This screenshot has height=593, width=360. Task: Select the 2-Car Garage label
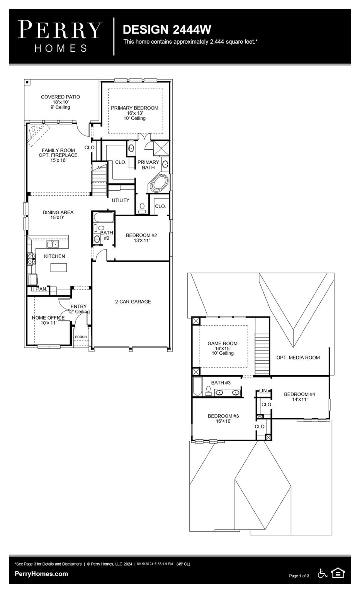point(133,302)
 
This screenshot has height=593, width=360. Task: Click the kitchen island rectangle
point(58,267)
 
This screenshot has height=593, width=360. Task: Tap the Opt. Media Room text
point(298,357)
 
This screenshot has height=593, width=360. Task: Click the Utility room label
point(121,200)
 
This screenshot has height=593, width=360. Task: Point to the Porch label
point(81,337)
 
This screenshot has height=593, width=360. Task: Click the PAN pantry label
point(41,289)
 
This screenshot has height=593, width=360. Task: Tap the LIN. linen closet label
point(263,391)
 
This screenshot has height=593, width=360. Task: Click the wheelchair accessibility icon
point(322,573)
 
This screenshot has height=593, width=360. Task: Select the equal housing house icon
point(338,573)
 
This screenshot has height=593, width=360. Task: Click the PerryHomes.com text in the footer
point(41,574)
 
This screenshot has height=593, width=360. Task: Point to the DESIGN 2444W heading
point(167,29)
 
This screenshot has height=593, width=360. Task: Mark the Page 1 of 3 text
point(299,576)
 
